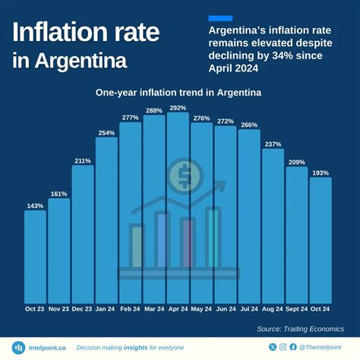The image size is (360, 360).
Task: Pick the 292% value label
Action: pyautogui.click(x=178, y=108)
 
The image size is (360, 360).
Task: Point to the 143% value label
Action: pyautogui.click(x=35, y=205)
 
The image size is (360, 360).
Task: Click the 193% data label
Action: pyautogui.click(x=321, y=172)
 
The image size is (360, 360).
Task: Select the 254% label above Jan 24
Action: pyautogui.click(x=106, y=133)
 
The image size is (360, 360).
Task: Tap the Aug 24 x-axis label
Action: pyautogui.click(x=273, y=309)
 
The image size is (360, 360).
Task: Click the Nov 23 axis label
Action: pyautogui.click(x=58, y=309)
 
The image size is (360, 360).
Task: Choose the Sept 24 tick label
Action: pyautogui.click(x=297, y=309)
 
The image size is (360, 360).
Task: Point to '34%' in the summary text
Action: pyautogui.click(x=298, y=56)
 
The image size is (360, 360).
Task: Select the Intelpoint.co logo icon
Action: pyautogui.click(x=19, y=347)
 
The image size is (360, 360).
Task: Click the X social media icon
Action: pyautogui.click(x=273, y=347)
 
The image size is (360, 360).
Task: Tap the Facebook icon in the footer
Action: pyautogui.click(x=293, y=347)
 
